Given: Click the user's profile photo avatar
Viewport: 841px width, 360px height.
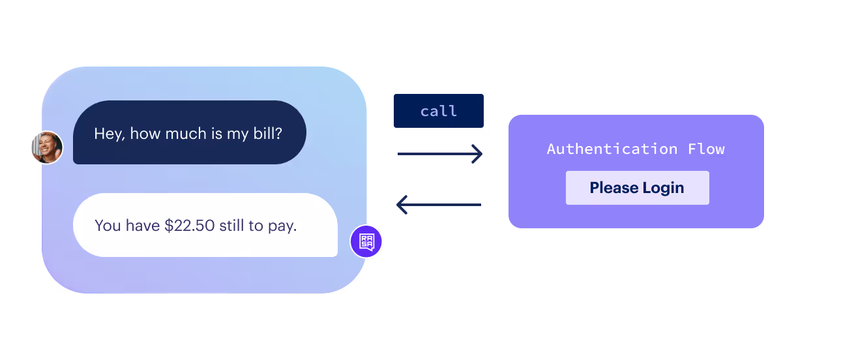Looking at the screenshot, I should [x=47, y=147].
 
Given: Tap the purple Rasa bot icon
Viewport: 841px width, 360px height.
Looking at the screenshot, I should [x=366, y=242].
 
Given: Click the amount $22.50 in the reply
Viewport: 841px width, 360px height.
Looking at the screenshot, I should [x=189, y=226].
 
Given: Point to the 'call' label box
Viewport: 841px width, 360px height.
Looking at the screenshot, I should [x=439, y=111].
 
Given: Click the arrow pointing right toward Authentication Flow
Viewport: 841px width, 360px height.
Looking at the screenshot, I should [x=440, y=154].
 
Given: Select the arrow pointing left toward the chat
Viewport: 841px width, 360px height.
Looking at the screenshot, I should [x=439, y=205].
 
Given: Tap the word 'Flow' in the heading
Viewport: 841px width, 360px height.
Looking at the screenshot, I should [x=706, y=149].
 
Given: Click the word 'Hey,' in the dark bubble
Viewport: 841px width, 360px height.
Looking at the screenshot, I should [x=110, y=134].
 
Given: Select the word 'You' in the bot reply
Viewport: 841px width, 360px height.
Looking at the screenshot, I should [x=108, y=226].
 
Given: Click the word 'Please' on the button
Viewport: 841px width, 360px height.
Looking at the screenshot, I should [x=613, y=188].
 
